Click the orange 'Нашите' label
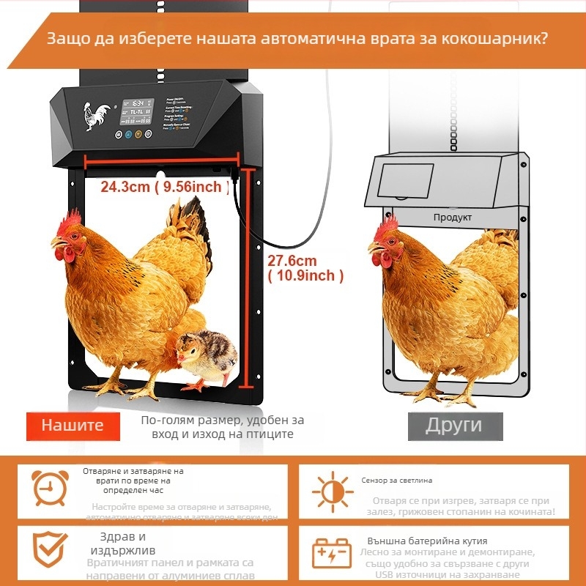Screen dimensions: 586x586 [72, 426]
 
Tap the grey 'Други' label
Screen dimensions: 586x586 [454, 426]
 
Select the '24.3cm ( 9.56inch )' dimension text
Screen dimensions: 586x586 [161, 188]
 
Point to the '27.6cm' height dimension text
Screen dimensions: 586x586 [292, 261]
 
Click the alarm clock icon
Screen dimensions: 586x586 [51, 486]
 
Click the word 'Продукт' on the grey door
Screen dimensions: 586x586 [452, 218]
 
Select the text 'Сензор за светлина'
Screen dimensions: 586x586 [396, 481]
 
